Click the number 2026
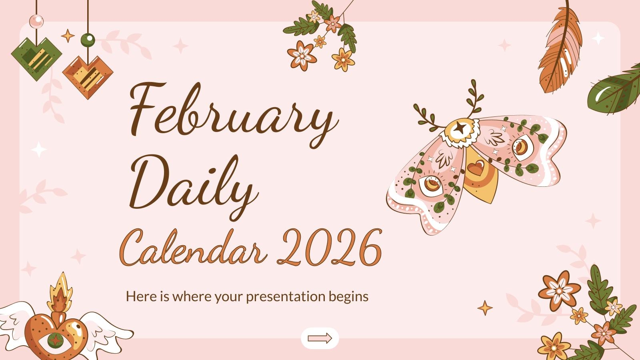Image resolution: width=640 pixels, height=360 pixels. click(332, 246)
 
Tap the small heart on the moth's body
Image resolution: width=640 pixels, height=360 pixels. click(475, 167)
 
